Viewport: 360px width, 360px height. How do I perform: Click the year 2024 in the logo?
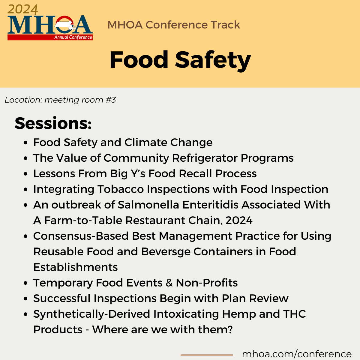22,10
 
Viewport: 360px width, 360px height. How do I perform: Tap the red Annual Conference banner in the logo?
50,37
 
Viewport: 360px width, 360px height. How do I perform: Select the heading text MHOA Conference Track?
174,25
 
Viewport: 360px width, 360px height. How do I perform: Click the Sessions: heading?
53,123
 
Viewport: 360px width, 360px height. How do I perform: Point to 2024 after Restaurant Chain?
239,220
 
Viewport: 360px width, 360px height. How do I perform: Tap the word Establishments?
75,267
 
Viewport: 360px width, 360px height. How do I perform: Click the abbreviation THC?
294,314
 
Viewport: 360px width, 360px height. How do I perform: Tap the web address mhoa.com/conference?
296,354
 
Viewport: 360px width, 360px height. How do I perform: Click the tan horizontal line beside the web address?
207,355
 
